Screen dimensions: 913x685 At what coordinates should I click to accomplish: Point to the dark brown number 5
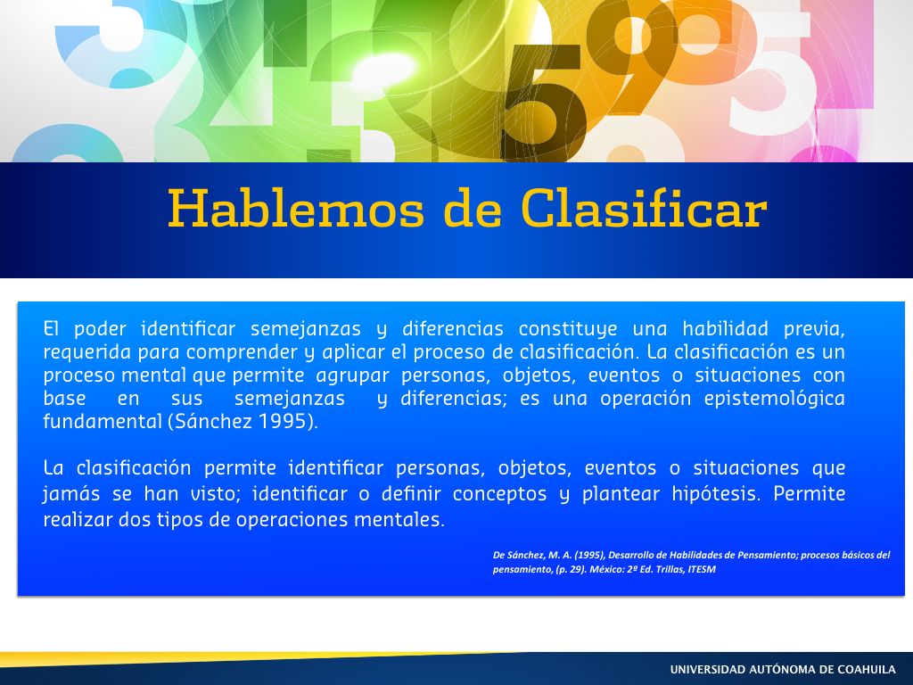[x=543, y=102]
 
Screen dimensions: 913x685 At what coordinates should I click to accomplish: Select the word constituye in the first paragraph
[x=568, y=329]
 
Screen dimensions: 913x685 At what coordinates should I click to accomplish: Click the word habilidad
[x=726, y=328]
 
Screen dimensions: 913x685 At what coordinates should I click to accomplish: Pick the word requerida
[x=87, y=352]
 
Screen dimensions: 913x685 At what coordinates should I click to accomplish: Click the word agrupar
[x=352, y=376]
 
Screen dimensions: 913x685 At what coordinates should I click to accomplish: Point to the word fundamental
[x=103, y=421]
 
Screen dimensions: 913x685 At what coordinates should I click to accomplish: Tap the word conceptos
[x=499, y=494]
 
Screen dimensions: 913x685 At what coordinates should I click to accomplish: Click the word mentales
[x=399, y=520]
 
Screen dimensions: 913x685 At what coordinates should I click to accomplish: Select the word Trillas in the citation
[x=670, y=570]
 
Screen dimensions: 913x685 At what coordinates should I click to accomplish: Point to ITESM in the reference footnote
[x=702, y=570]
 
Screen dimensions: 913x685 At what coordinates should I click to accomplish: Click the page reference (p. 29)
[x=571, y=570]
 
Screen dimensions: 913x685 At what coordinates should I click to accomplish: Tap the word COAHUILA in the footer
[x=867, y=670]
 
